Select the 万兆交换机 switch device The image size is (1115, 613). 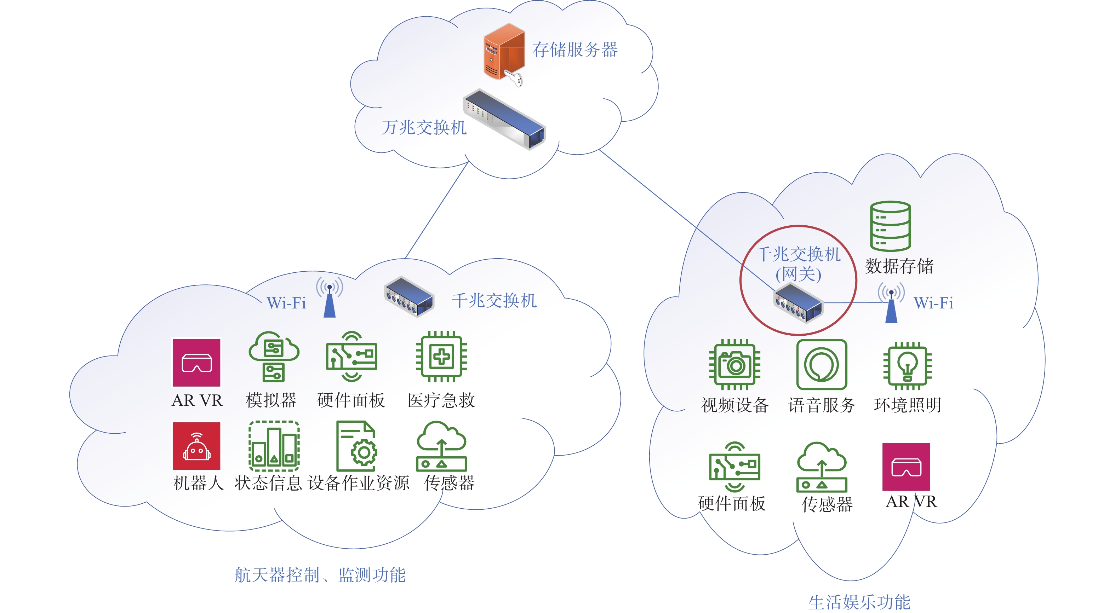(504, 119)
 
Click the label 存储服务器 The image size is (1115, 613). (575, 50)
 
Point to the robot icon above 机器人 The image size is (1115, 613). (196, 446)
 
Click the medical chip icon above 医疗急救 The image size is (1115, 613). (441, 357)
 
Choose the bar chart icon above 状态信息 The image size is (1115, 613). (274, 446)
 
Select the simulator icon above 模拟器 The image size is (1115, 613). (274, 357)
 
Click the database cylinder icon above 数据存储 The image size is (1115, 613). (890, 226)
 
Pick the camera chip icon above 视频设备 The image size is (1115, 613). (734, 364)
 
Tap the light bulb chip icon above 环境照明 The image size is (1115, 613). (907, 365)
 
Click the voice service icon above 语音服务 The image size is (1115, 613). (822, 364)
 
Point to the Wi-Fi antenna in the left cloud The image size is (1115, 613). (330, 297)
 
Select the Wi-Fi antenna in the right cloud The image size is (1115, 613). (891, 303)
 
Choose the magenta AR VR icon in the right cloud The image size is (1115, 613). (906, 467)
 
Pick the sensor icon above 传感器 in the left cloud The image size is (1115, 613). (441, 446)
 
